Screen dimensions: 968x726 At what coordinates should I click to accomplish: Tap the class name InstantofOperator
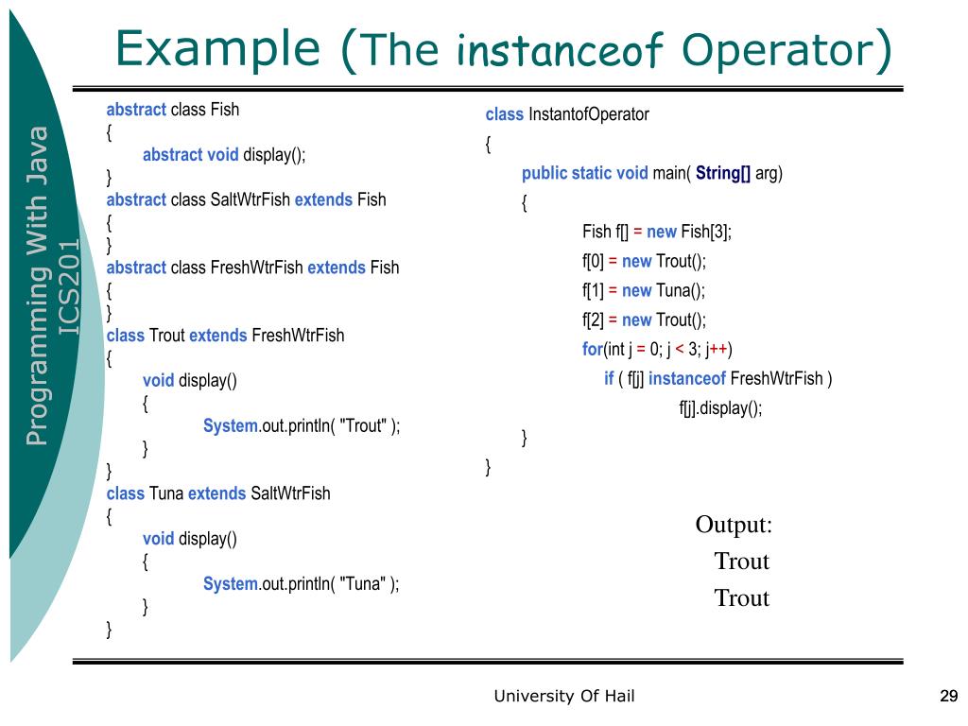(589, 114)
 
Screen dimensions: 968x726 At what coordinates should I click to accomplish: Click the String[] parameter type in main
(723, 173)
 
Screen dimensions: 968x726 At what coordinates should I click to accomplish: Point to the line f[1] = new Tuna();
(644, 290)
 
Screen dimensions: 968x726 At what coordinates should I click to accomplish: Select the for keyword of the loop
(593, 349)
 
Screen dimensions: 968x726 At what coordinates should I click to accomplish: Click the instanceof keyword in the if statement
(687, 378)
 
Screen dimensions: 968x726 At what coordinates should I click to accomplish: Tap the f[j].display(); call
(720, 407)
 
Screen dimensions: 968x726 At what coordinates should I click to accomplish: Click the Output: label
(734, 525)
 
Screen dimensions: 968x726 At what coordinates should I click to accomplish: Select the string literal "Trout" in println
(363, 425)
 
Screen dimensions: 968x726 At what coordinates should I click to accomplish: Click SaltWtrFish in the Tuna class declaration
(290, 493)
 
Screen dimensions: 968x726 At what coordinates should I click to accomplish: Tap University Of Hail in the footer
(564, 697)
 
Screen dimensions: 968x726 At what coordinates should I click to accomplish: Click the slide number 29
(949, 697)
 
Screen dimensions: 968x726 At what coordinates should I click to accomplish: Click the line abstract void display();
(224, 154)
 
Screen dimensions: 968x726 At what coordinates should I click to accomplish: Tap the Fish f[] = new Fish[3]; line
(657, 232)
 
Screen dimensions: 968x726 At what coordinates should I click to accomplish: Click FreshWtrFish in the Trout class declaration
(298, 335)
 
